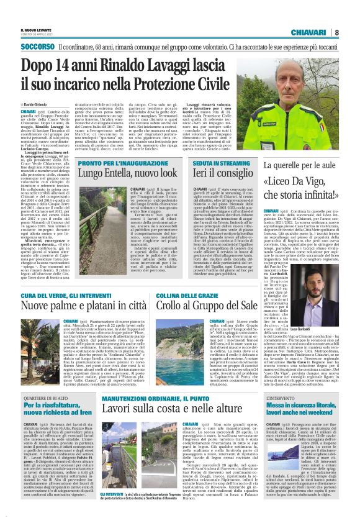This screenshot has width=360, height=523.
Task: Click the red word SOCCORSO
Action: (x=37, y=47)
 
